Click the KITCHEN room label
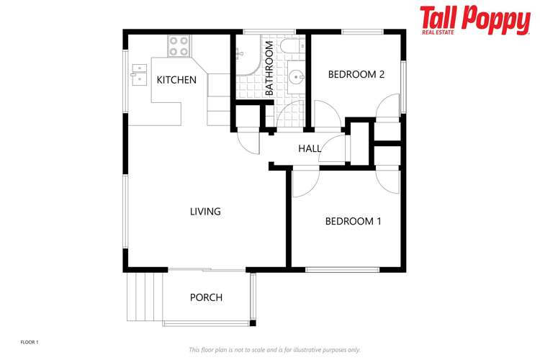(176, 80)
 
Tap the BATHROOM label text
(269, 69)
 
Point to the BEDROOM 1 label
(353, 221)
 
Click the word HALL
(310, 148)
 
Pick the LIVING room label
(205, 212)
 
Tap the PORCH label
(206, 297)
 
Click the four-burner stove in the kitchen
(179, 46)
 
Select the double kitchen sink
(138, 73)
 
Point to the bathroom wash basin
(296, 76)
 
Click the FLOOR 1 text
(30, 343)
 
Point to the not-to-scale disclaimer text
(274, 349)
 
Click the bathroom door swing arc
(288, 114)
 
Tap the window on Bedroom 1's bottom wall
(342, 270)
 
